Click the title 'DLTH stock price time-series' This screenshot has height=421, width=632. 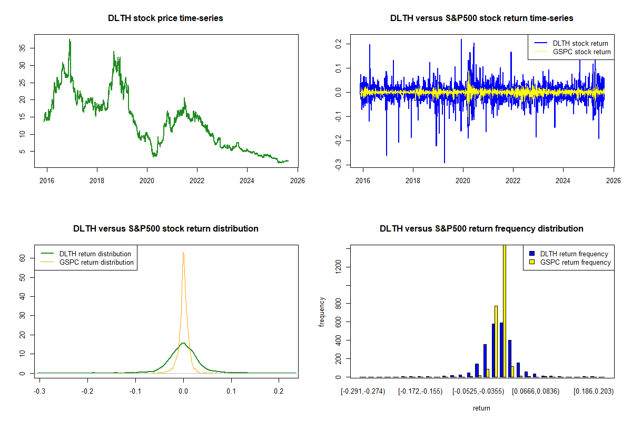pyautogui.click(x=165, y=18)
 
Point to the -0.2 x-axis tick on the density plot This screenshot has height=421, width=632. pyautogui.click(x=88, y=392)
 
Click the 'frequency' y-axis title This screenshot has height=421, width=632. pyautogui.click(x=322, y=312)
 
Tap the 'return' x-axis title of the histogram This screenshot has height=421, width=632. pyautogui.click(x=481, y=408)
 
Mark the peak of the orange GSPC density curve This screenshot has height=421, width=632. pyautogui.click(x=183, y=253)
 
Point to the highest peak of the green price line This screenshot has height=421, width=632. pyautogui.click(x=70, y=39)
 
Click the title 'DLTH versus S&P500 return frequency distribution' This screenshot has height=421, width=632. pyautogui.click(x=481, y=229)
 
